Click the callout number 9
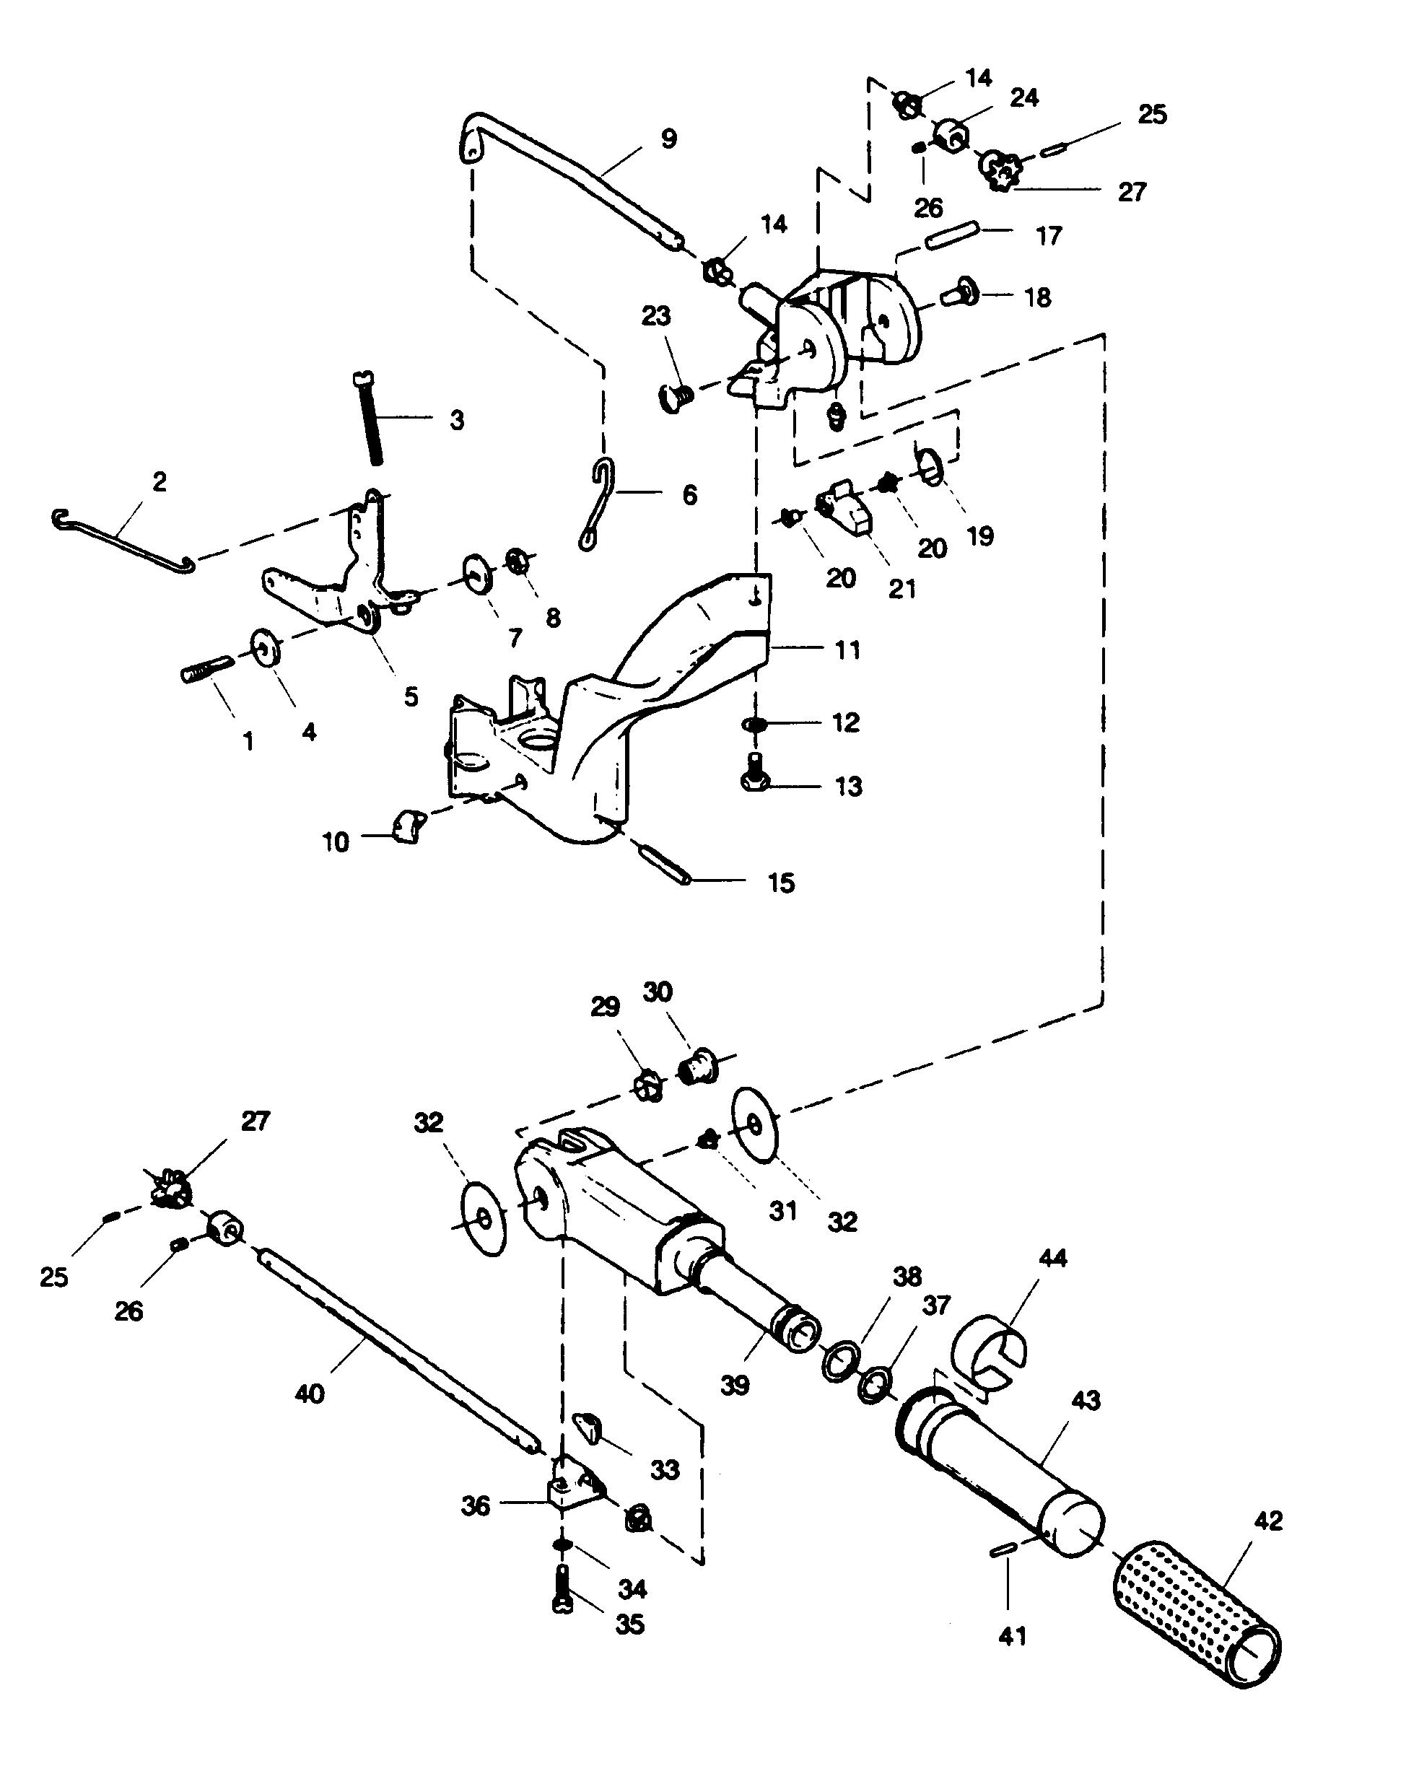click(669, 139)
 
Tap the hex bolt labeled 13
click(754, 772)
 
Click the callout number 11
click(847, 650)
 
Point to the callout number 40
click(310, 1394)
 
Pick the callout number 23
click(655, 315)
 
